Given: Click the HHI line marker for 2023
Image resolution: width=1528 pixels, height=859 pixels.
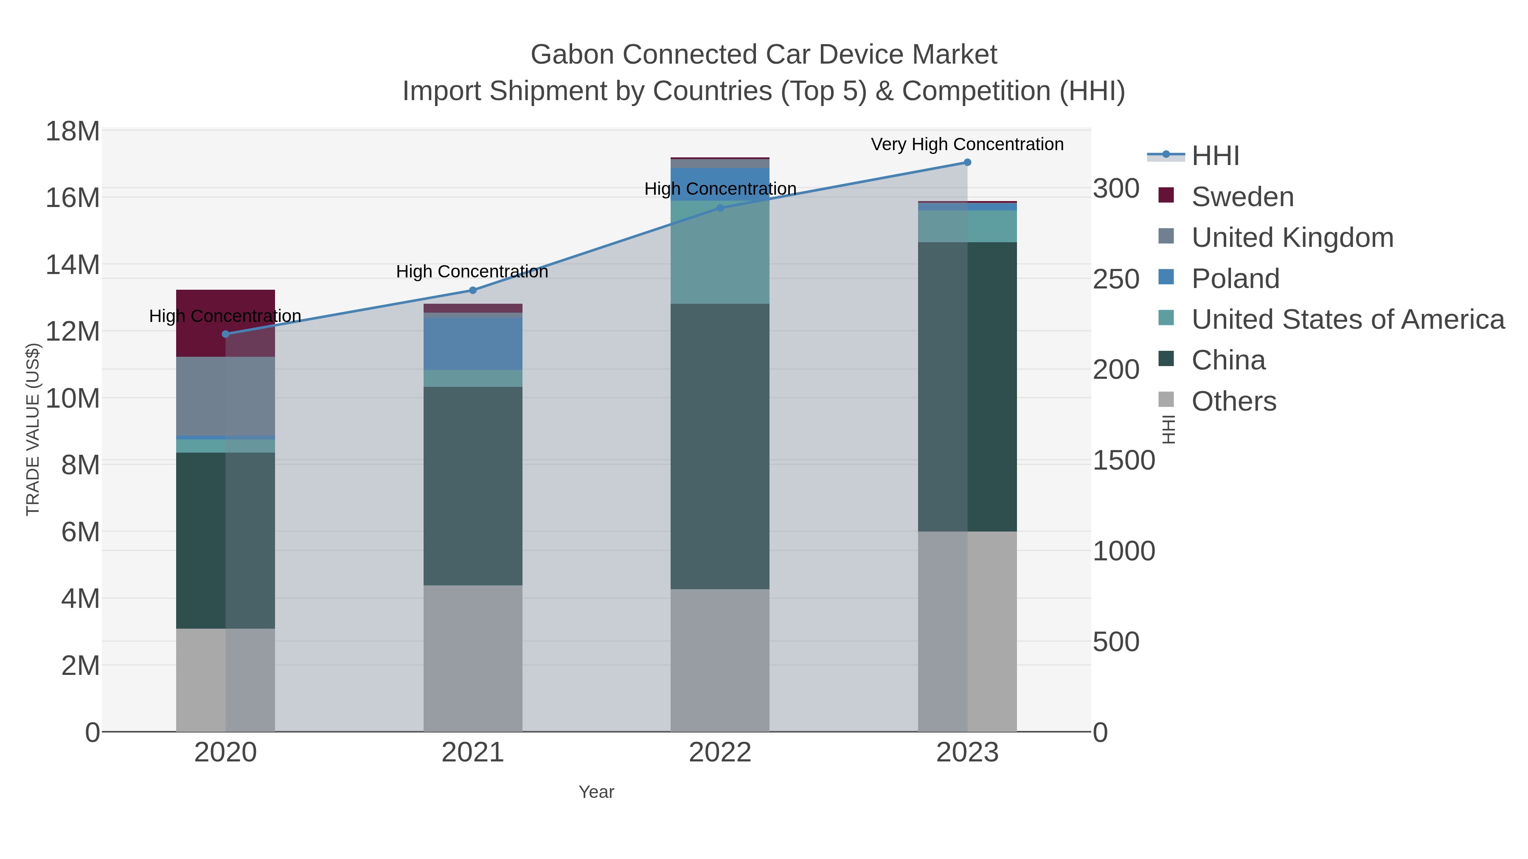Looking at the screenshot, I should tap(967, 162).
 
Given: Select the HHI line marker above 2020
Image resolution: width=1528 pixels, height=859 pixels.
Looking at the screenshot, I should tap(225, 334).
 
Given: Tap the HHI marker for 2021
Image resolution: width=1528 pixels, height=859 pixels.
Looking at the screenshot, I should tap(473, 291).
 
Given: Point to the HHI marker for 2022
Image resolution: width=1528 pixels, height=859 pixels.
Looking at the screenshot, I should tap(720, 208).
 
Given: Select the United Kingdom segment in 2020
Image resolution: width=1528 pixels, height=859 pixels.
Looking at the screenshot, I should tap(225, 396).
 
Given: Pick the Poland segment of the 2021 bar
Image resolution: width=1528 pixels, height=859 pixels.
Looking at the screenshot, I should tap(473, 344).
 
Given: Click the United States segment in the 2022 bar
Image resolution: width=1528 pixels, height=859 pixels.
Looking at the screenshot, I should tap(720, 252).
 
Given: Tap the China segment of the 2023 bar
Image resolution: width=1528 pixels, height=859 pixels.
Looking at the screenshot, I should tap(967, 386).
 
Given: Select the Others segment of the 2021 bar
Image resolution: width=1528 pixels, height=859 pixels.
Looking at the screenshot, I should tap(473, 658).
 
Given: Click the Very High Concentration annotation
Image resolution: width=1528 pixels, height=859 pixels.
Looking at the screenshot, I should tap(967, 144).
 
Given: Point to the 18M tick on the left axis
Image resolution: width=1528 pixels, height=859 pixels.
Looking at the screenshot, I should tap(72, 131).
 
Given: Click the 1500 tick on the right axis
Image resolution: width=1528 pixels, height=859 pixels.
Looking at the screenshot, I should tap(1124, 461).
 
